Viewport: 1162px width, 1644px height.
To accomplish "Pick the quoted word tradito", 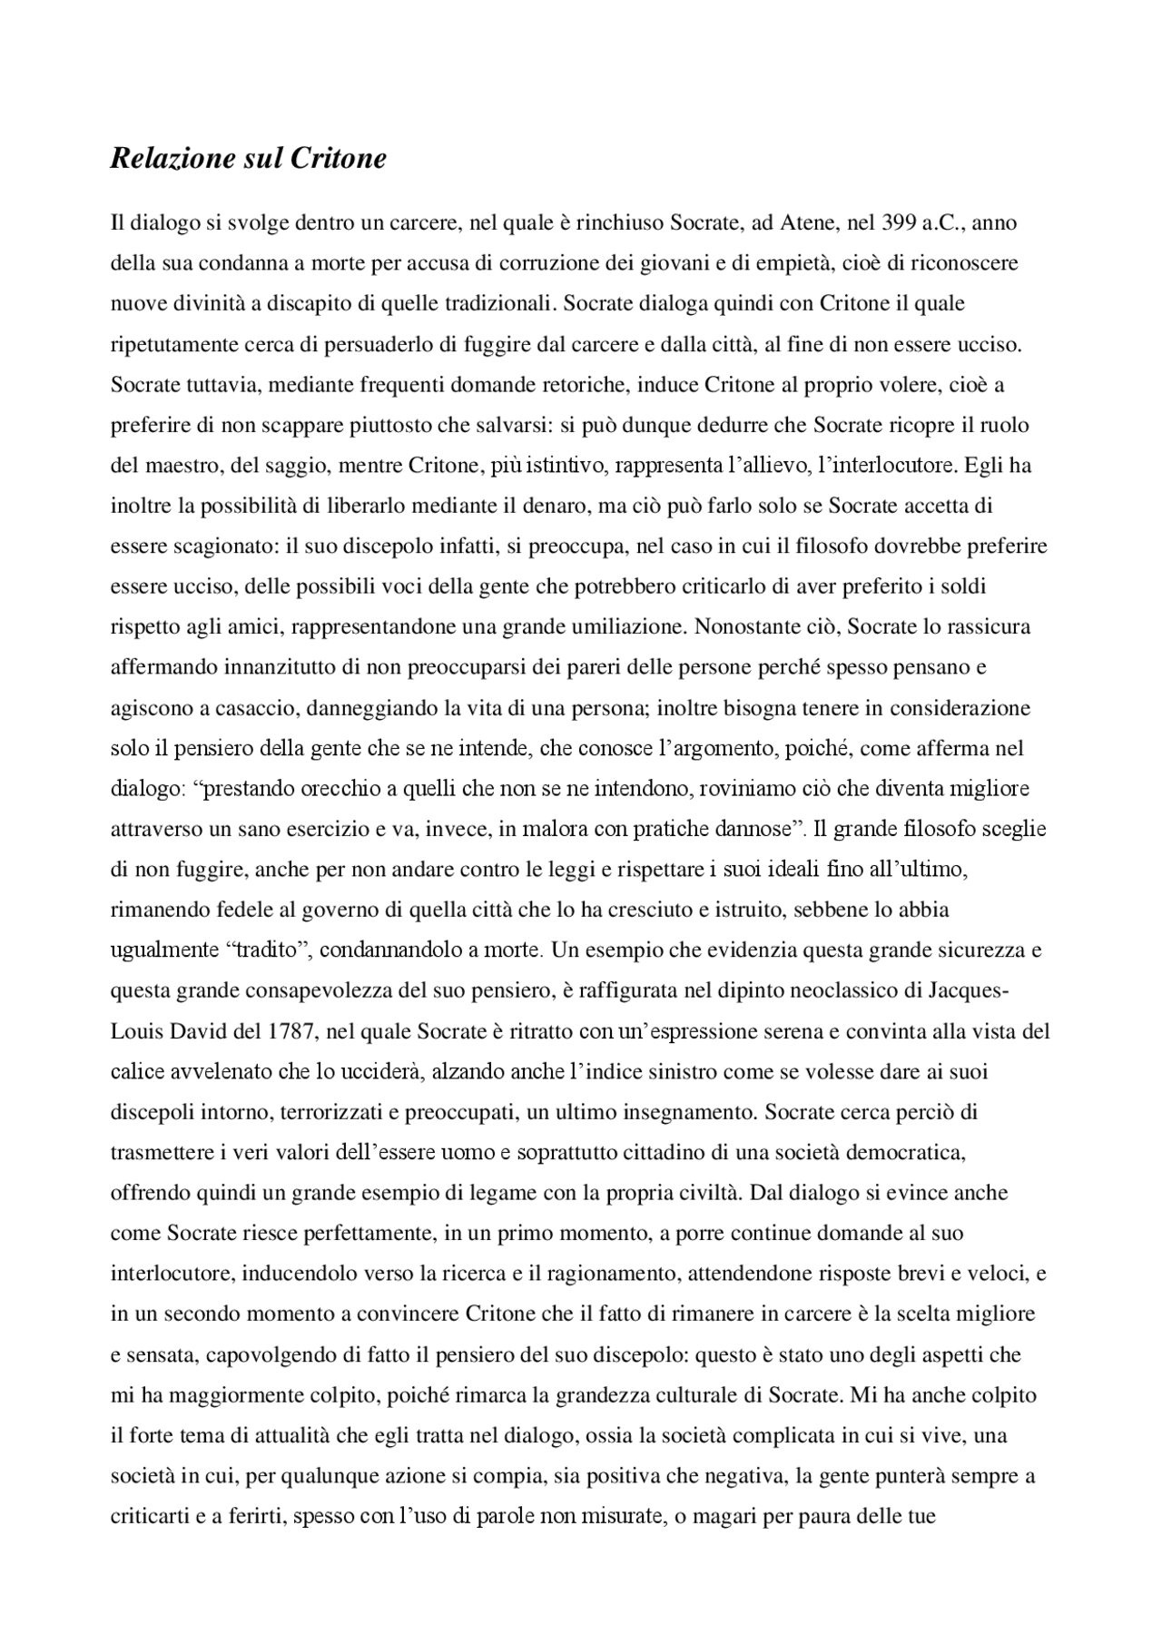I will click(266, 950).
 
